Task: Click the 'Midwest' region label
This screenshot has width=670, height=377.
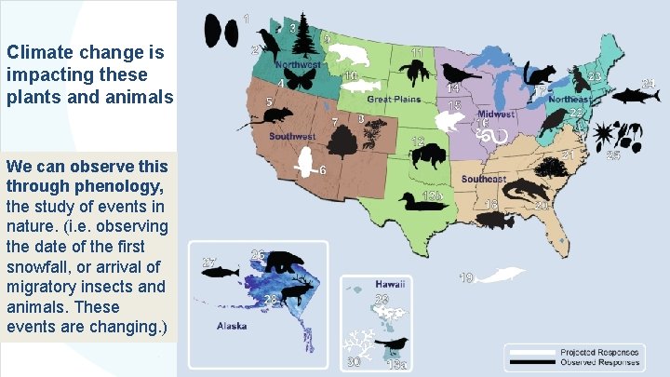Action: point(495,114)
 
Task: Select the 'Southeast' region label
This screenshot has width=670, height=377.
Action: point(483,179)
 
